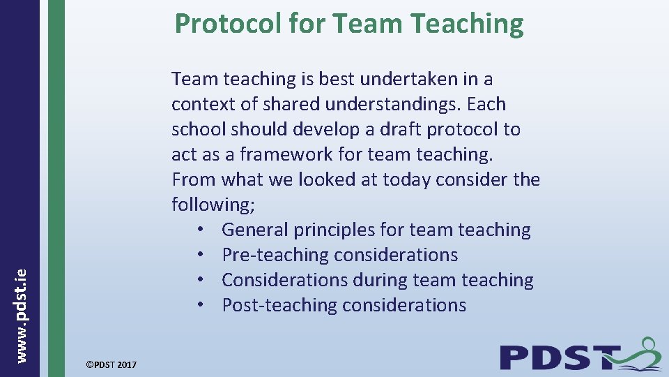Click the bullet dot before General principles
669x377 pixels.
tap(199, 230)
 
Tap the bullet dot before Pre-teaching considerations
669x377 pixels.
tap(199, 256)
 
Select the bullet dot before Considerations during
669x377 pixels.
tap(199, 281)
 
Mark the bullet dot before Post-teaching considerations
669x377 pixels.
tap(199, 306)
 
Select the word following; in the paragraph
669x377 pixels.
tap(206, 205)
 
